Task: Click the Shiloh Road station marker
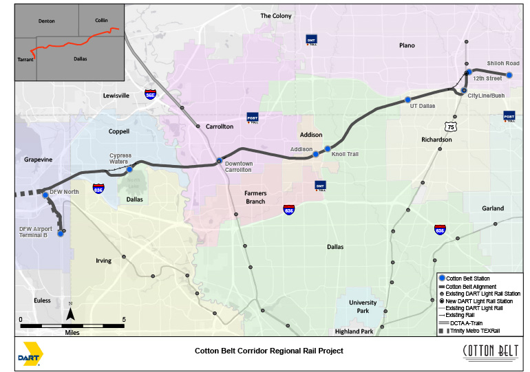(x=509, y=75)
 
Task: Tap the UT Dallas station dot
(x=407, y=100)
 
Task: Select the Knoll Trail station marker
(x=328, y=149)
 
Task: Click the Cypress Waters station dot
(x=129, y=169)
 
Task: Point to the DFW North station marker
(x=45, y=195)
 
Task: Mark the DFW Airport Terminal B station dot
(x=60, y=234)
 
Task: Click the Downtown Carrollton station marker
(x=219, y=161)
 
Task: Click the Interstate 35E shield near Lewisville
(x=150, y=94)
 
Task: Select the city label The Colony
(x=275, y=16)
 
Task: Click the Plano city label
(x=407, y=45)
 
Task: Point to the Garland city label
(x=493, y=208)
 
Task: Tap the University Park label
(x=363, y=306)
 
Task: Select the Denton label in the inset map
(x=47, y=21)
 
